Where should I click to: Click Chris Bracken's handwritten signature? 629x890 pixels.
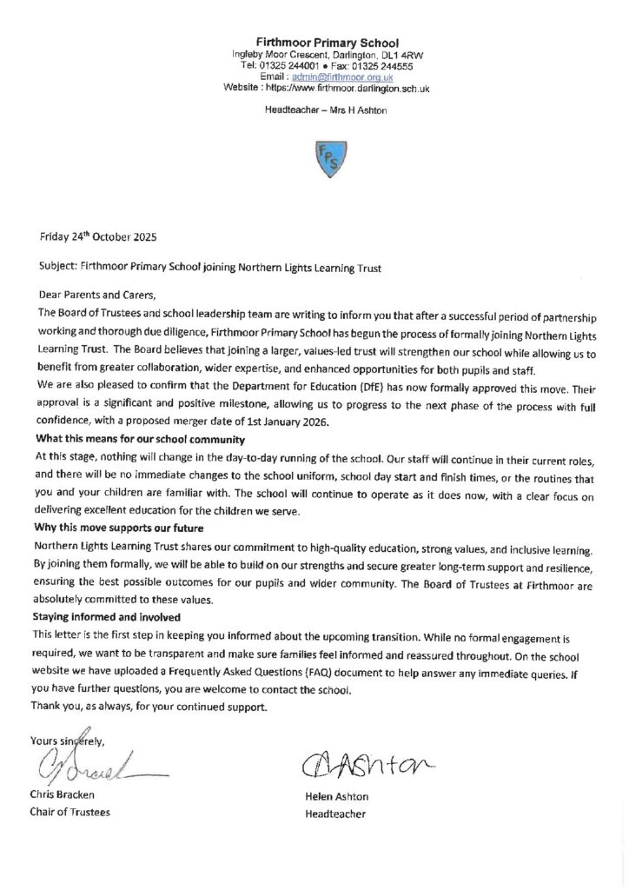(x=87, y=764)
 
